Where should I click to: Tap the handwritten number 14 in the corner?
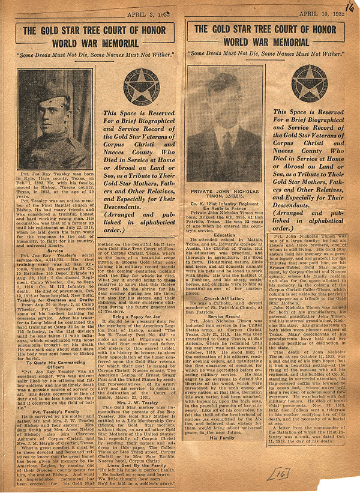[x=350, y=7]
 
